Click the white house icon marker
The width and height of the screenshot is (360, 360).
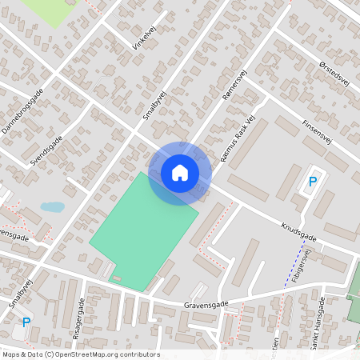pyautogui.click(x=180, y=172)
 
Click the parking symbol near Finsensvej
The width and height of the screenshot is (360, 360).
pyautogui.click(x=313, y=182)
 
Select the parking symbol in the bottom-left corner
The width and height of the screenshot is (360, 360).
pyautogui.click(x=26, y=322)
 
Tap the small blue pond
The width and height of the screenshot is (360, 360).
pyautogui.click(x=52, y=206)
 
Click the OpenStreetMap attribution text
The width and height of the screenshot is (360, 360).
pyautogui.click(x=80, y=354)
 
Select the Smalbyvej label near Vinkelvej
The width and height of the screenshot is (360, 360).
pyautogui.click(x=152, y=102)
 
